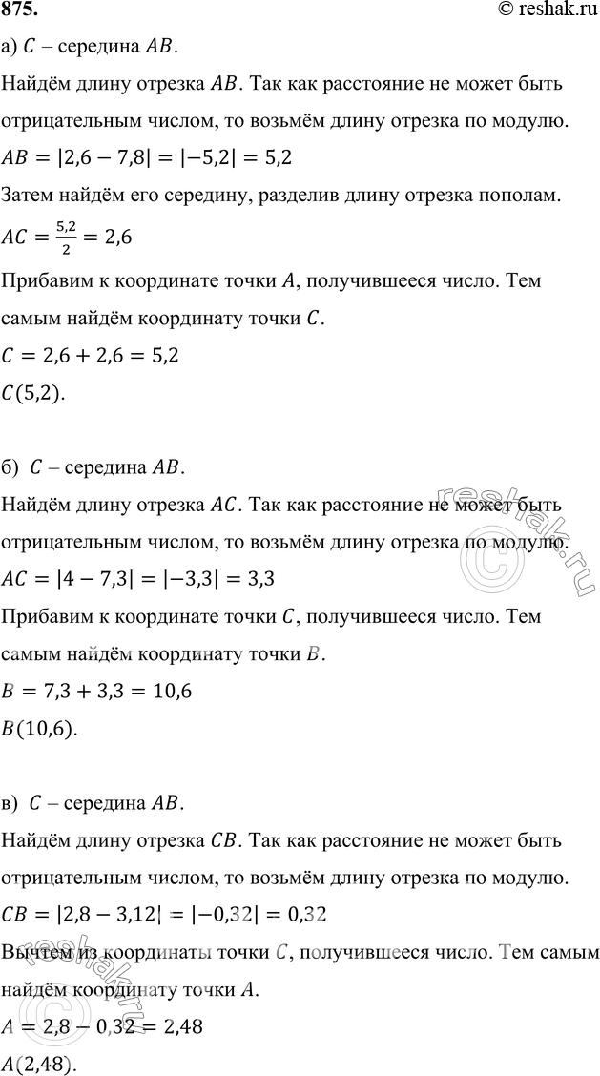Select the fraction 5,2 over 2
63,237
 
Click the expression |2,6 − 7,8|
107,155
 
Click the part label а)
12,47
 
